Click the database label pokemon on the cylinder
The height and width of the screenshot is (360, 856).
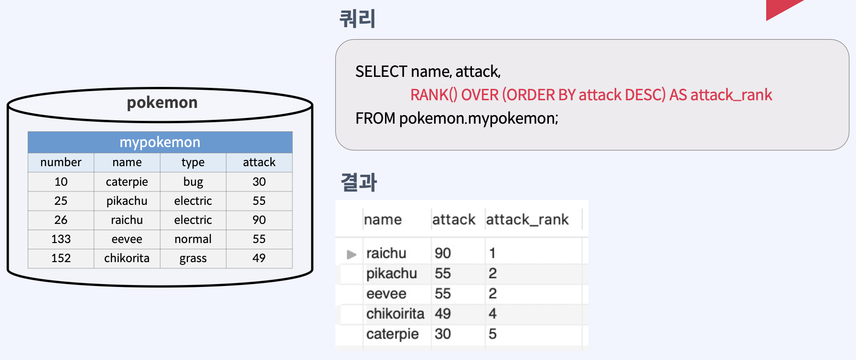click(x=162, y=103)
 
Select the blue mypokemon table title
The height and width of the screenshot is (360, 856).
click(x=160, y=142)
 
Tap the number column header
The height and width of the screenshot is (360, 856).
click(x=61, y=162)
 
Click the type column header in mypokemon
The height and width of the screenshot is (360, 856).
click(x=193, y=162)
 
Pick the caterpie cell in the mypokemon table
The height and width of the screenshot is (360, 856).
click(x=127, y=182)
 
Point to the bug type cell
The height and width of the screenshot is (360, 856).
click(x=193, y=182)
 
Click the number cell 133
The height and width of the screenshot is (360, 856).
click(x=61, y=239)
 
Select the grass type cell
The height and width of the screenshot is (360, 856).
click(x=193, y=258)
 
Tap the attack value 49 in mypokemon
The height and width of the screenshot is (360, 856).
click(x=259, y=258)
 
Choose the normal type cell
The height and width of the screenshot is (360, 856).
click(x=193, y=239)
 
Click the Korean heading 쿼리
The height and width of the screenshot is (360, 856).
click(x=357, y=19)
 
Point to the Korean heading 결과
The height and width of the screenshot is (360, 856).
click(x=359, y=182)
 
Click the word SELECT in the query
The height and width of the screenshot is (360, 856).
click(x=381, y=72)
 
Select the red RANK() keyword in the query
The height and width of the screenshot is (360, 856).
click(x=433, y=95)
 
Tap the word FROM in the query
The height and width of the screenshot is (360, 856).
click(x=375, y=118)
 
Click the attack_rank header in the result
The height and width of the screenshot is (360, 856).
click(x=527, y=220)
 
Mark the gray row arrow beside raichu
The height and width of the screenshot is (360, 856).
click(x=352, y=254)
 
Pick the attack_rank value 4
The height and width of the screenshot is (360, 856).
click(x=492, y=314)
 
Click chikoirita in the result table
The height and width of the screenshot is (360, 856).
click(x=395, y=314)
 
